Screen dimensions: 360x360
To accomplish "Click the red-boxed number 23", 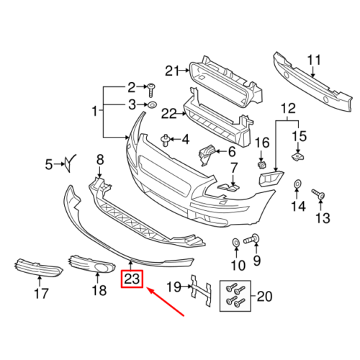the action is click(132, 279).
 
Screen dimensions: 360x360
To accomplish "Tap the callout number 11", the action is click(314, 60).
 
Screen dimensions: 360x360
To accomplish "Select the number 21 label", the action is click(172, 71).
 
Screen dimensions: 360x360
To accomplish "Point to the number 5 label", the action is click(49, 165).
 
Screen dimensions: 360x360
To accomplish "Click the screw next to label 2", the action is click(151, 90).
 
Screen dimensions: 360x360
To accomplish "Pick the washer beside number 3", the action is click(152, 105).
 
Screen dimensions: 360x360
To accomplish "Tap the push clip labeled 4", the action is click(165, 140).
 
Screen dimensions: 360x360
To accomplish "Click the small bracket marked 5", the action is click(69, 163).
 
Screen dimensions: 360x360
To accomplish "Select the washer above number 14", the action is click(297, 184).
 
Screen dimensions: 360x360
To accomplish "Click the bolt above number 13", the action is click(318, 194).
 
